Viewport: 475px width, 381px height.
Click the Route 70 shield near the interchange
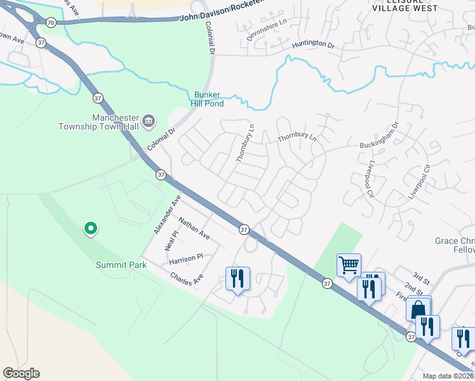coord(51,22)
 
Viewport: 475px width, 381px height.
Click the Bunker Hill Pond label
coord(206,98)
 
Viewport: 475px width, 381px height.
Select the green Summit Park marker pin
coord(90,228)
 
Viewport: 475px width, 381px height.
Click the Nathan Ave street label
coord(194,229)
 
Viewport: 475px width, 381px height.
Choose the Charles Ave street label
coord(186,279)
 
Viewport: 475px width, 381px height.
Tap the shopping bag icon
coord(418,309)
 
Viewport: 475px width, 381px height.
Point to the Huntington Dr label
coord(313,45)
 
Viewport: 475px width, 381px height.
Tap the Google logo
coord(21,373)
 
